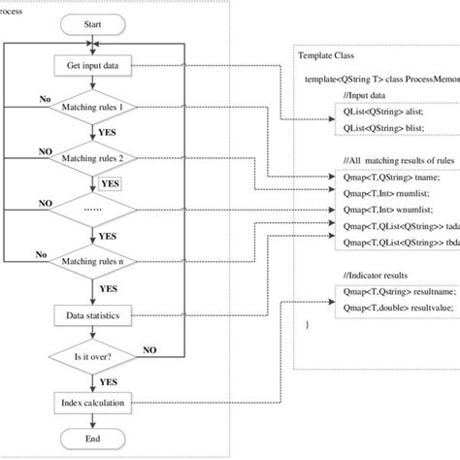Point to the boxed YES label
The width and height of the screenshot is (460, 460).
coord(112,182)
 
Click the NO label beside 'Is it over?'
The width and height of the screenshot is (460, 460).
coord(150,347)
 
